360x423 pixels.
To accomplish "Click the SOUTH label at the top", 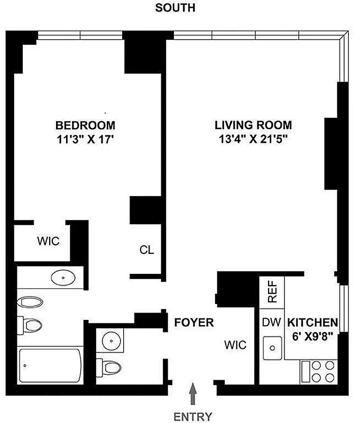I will click(175, 8).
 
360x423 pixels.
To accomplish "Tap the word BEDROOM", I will click(85, 126).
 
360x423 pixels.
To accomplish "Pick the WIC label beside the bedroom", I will click(48, 241).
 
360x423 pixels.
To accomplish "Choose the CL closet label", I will click(146, 250).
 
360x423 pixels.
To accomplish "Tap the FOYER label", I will click(193, 322).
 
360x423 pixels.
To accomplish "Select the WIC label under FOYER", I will click(235, 345).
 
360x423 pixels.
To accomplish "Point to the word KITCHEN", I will click(312, 322).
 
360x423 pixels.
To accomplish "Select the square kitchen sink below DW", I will click(273, 347).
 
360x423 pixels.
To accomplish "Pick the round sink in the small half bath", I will click(111, 339).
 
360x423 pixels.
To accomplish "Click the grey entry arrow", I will click(193, 394).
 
